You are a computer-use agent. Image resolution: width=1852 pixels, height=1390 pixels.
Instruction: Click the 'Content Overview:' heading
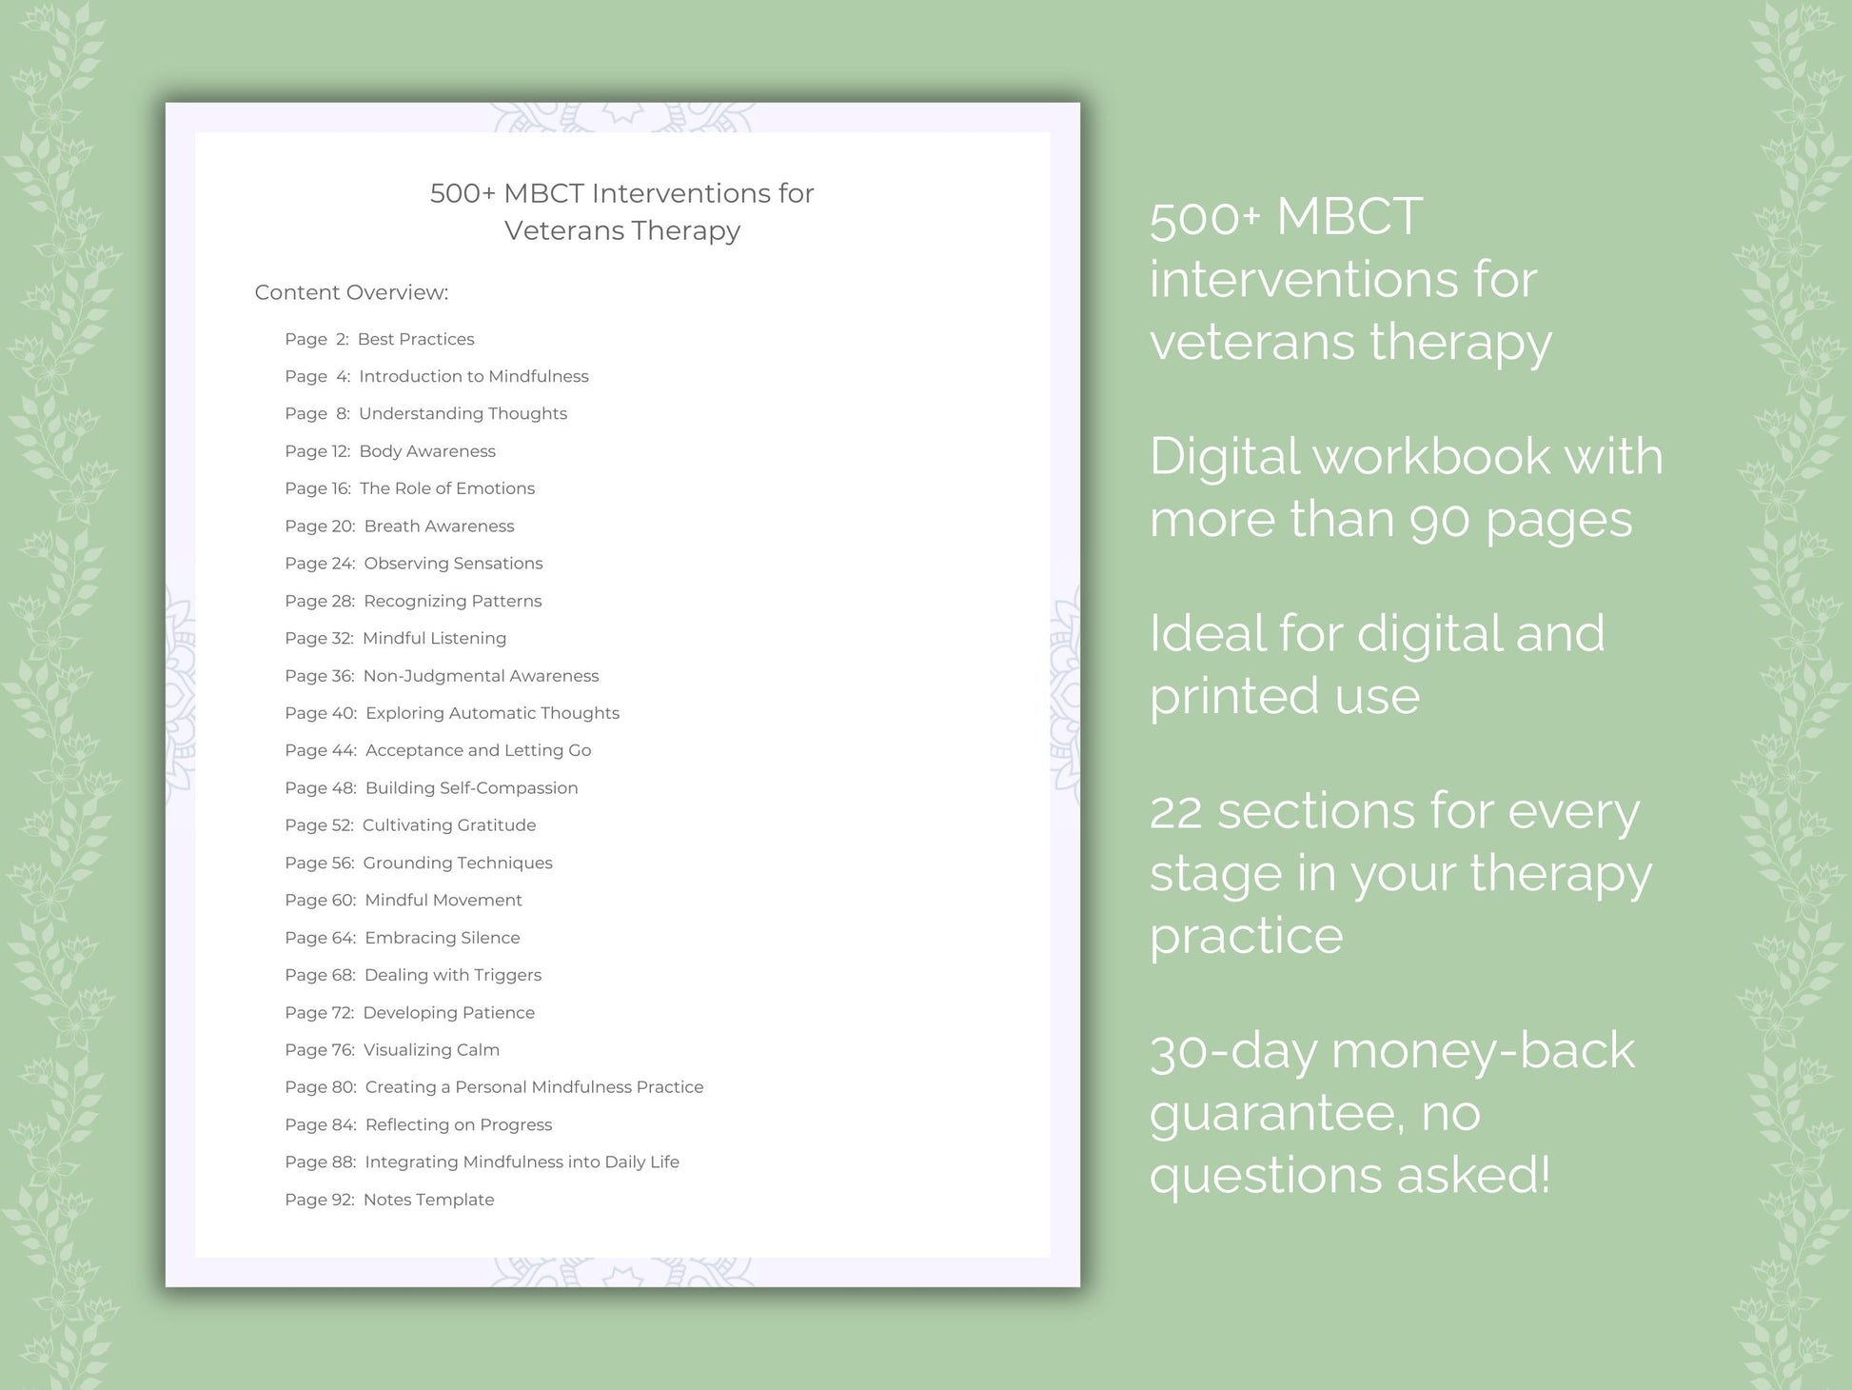click(x=351, y=292)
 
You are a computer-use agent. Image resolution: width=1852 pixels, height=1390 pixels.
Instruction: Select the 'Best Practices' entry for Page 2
click(x=415, y=339)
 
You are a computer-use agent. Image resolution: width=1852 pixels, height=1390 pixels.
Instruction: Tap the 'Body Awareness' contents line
click(x=426, y=451)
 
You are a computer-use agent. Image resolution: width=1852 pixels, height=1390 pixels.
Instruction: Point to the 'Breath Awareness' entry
click(x=439, y=526)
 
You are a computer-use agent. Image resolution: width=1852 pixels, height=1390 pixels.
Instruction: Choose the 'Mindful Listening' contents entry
click(x=434, y=638)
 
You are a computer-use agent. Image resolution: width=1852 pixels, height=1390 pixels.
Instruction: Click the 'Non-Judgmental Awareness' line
click(x=481, y=676)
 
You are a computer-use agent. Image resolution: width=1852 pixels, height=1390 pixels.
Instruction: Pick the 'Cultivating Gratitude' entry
click(x=448, y=825)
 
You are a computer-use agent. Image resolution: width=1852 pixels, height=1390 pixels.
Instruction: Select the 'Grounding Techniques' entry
click(x=457, y=863)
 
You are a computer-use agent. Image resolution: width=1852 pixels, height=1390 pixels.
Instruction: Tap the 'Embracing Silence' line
click(x=442, y=938)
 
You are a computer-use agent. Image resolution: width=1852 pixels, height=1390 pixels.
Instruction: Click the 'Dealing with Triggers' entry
click(x=452, y=975)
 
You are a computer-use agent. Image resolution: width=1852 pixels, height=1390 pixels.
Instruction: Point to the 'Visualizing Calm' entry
click(x=431, y=1050)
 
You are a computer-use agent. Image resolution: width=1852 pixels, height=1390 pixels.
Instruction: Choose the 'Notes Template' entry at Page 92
click(x=428, y=1200)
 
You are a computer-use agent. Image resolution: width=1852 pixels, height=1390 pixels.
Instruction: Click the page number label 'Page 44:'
click(x=321, y=750)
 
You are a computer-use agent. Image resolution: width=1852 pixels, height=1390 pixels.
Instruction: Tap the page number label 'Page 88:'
click(x=321, y=1162)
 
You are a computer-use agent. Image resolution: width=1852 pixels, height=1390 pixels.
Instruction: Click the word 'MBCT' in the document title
click(x=543, y=193)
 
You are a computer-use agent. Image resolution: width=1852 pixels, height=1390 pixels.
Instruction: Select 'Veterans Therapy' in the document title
click(x=621, y=230)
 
